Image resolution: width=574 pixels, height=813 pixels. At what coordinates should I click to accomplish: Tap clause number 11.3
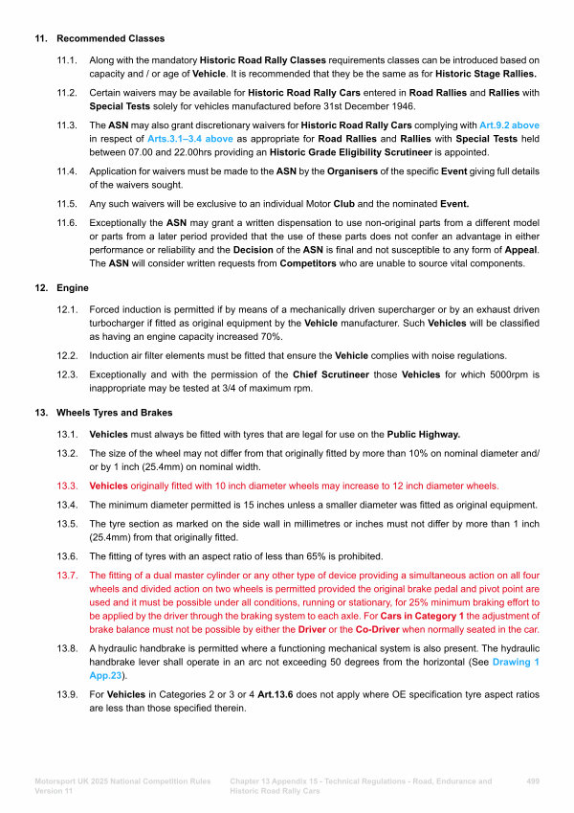click(67, 125)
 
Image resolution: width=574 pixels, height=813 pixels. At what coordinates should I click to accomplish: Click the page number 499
click(533, 782)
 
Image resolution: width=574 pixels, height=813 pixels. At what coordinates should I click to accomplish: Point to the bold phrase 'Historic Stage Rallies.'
click(487, 74)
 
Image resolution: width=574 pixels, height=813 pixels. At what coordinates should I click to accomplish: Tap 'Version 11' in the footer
click(55, 793)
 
